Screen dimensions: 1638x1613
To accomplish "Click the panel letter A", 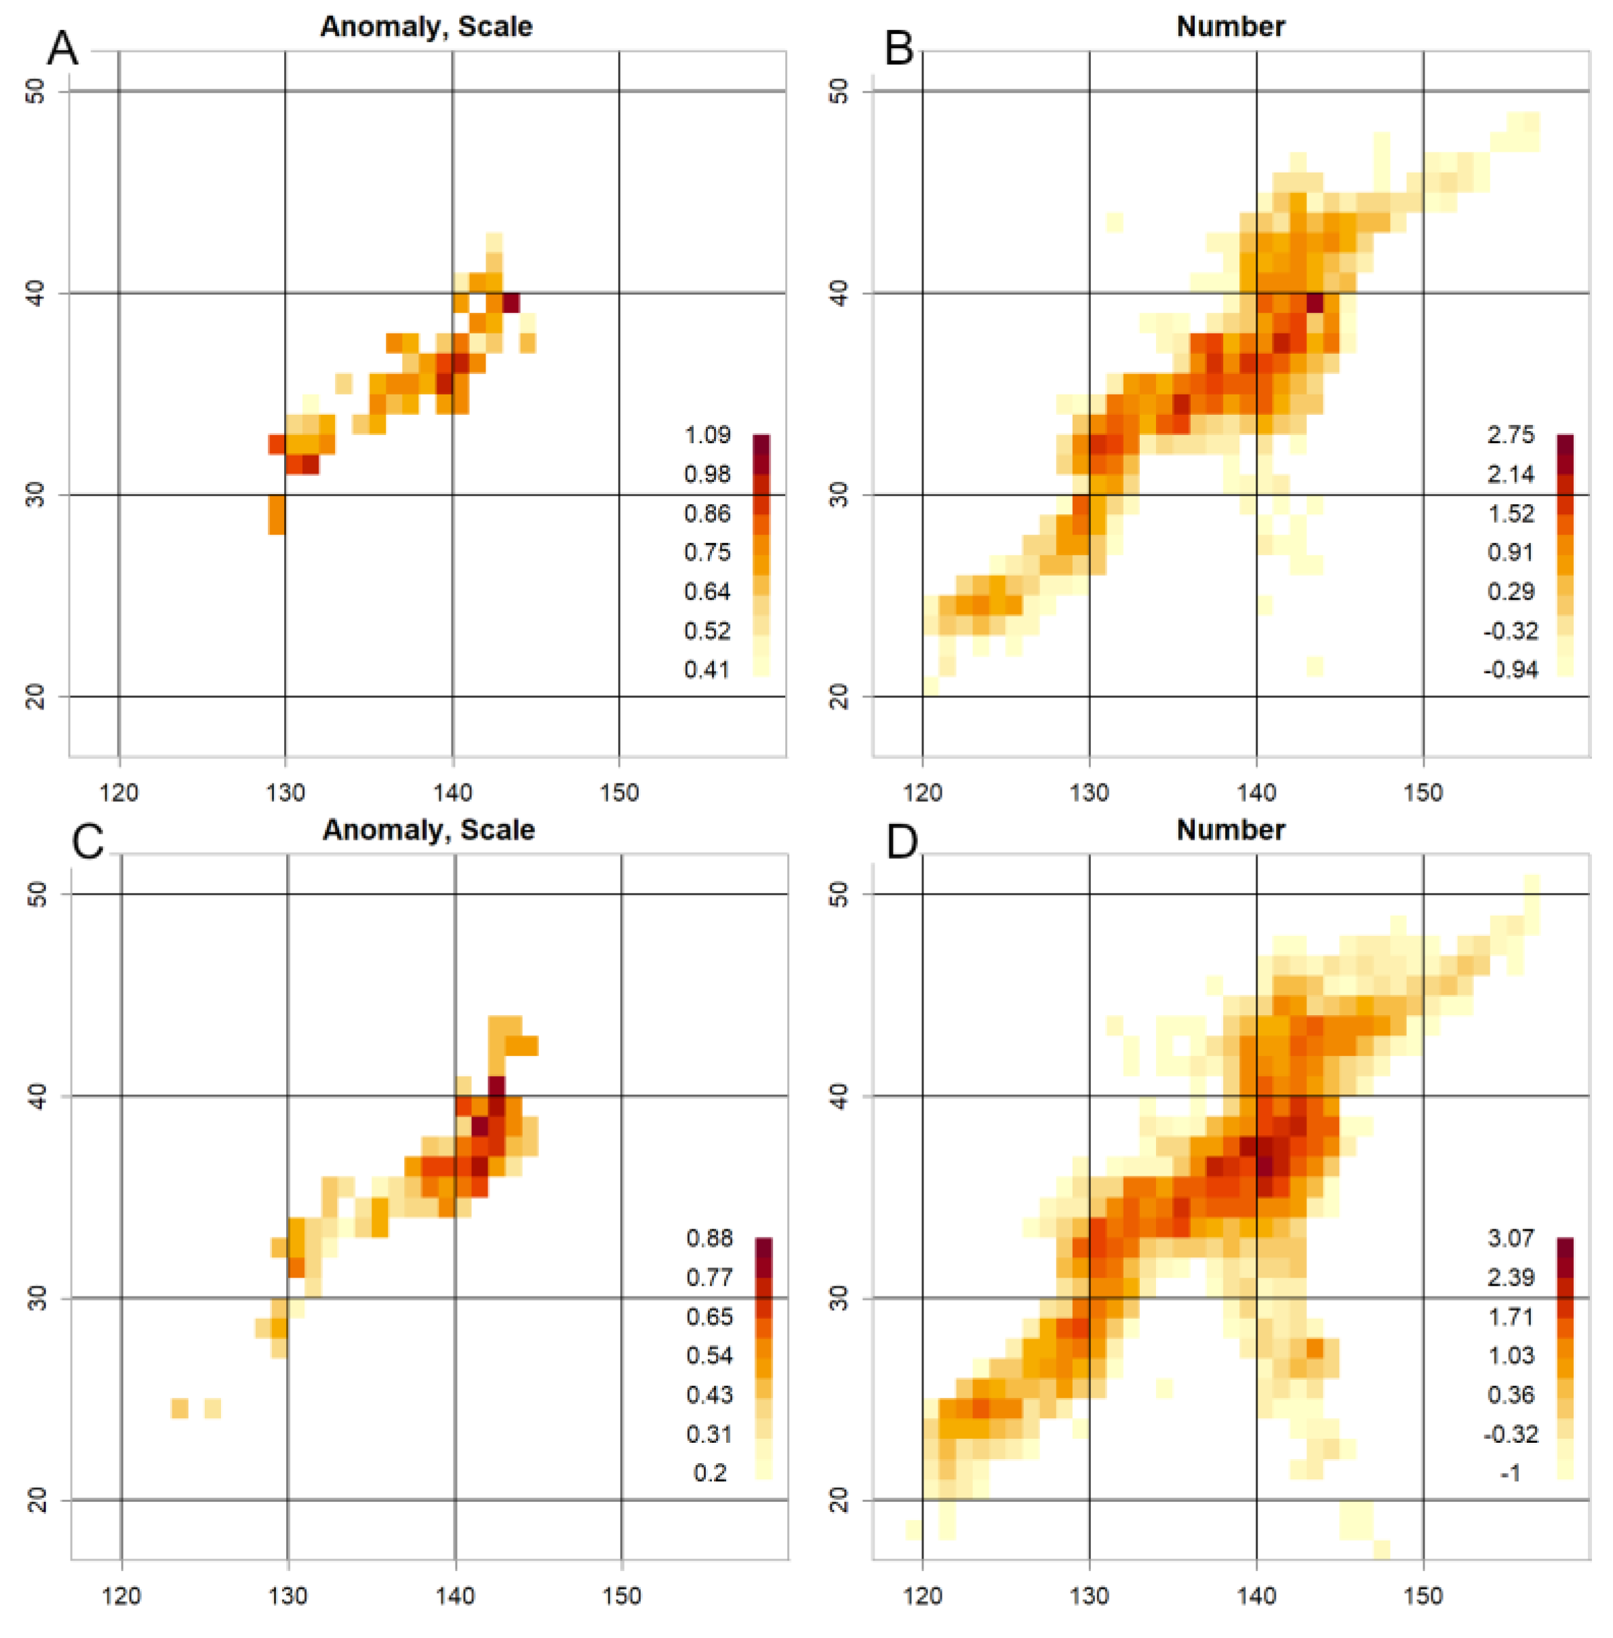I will [x=62, y=48].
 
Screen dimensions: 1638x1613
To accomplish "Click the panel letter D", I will [x=901, y=842].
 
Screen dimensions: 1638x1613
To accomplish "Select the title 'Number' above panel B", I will [x=1230, y=27].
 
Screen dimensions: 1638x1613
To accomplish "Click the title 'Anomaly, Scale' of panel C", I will [x=428, y=829].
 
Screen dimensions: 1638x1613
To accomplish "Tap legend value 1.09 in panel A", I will [x=706, y=435].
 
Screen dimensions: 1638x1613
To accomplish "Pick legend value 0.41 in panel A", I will [x=706, y=670].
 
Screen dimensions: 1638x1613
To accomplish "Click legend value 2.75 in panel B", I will [x=1511, y=435].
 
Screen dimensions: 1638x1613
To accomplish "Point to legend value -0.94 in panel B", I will [x=1511, y=670].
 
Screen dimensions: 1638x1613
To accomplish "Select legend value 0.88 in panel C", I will [x=709, y=1238].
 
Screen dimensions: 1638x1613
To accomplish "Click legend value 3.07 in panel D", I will [x=1511, y=1238].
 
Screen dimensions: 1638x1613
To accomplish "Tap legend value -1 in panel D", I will [x=1511, y=1473].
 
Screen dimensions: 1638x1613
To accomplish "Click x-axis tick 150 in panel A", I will [x=619, y=793].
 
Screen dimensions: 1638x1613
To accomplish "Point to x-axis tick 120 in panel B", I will [x=923, y=793].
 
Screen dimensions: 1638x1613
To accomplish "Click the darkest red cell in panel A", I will [x=511, y=302].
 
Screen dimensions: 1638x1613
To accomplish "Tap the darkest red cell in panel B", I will [x=1314, y=302].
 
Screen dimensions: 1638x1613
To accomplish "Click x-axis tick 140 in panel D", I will [x=1256, y=1596].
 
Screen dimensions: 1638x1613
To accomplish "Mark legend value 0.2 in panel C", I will [x=709, y=1473].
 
